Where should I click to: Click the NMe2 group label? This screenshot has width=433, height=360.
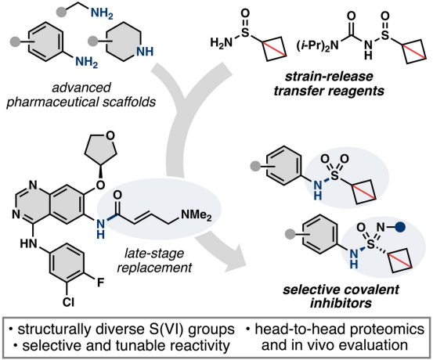coord(197,215)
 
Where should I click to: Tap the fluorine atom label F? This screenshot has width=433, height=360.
coord(101,283)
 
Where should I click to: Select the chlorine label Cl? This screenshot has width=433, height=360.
coord(68,302)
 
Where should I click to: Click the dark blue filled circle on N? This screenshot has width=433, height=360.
coord(400,227)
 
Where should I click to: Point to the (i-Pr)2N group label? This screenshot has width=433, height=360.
coord(318,45)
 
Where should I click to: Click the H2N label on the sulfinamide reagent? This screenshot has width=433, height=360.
coord(220,43)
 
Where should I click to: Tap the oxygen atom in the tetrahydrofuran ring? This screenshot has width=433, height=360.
coord(110,135)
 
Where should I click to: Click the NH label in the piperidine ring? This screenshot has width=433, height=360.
coord(145,52)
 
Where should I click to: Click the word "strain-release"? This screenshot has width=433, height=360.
coord(329,77)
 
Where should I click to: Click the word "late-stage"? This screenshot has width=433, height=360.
coord(154,254)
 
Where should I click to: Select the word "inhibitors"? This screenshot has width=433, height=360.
coord(341,303)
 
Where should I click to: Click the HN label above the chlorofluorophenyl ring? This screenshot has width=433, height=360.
coord(29,243)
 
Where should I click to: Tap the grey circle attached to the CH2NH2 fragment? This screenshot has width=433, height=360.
coord(61,12)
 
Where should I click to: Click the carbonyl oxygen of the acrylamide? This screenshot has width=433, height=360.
coord(117,195)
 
